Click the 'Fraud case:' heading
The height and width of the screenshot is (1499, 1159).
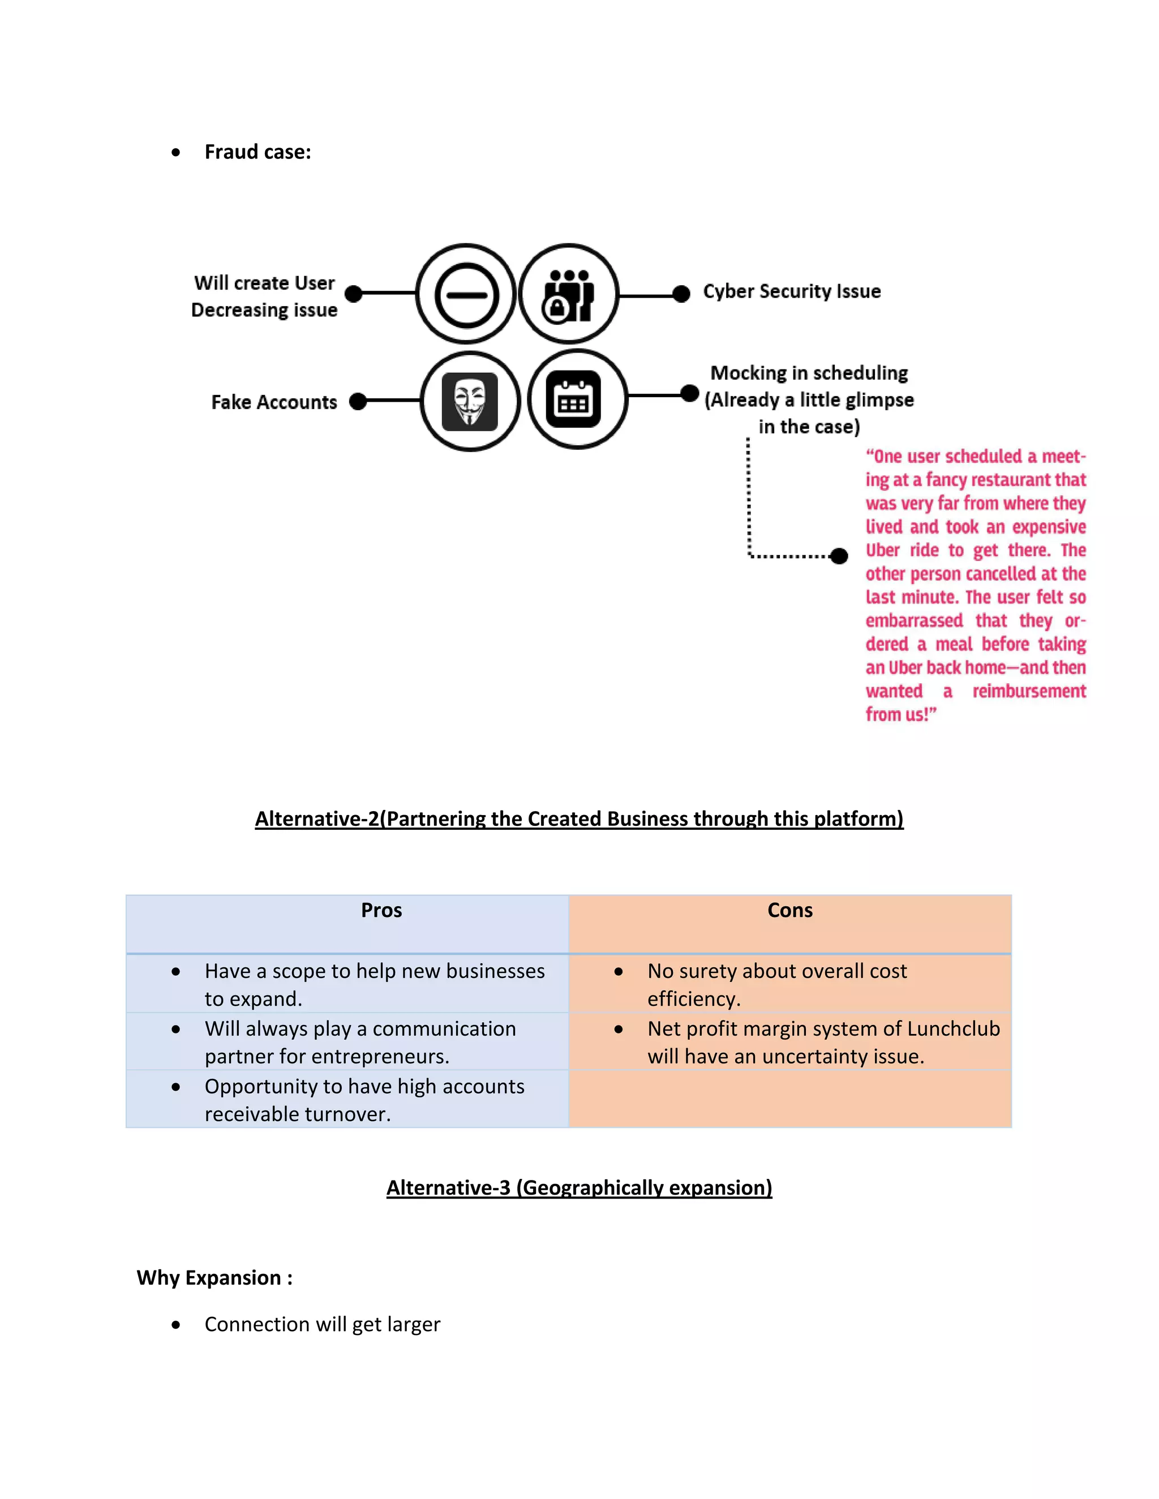tap(257, 152)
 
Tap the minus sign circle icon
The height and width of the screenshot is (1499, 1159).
tap(466, 295)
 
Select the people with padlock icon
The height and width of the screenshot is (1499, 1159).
tap(569, 295)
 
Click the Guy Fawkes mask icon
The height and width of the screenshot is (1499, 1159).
tap(470, 402)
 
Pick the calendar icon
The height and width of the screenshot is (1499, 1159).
tap(573, 399)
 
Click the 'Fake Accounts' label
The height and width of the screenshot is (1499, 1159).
tap(274, 402)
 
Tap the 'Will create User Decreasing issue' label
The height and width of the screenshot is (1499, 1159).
tap(264, 296)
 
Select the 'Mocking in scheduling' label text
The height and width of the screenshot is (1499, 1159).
tap(809, 373)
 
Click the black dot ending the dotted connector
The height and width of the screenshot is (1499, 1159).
tap(838, 556)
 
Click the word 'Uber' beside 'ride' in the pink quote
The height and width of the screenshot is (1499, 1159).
tap(882, 550)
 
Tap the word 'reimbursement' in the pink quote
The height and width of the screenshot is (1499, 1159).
tap(1028, 691)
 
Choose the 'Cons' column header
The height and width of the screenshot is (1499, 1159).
tap(789, 910)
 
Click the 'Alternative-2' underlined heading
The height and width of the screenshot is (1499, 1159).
tap(579, 819)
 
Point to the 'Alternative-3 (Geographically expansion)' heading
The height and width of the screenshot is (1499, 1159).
tap(579, 1188)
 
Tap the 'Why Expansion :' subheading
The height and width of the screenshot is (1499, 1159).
tap(214, 1277)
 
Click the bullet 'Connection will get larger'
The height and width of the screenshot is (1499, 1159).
tap(322, 1324)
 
